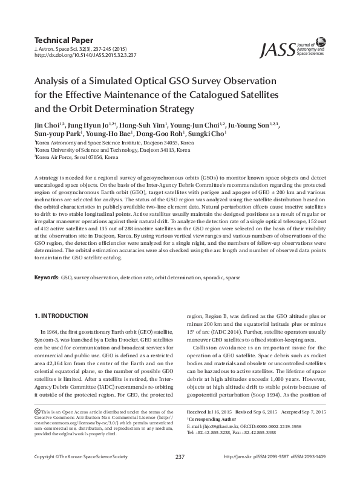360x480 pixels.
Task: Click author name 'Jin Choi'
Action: (x=45, y=125)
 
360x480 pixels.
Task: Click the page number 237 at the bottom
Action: (x=180, y=473)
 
